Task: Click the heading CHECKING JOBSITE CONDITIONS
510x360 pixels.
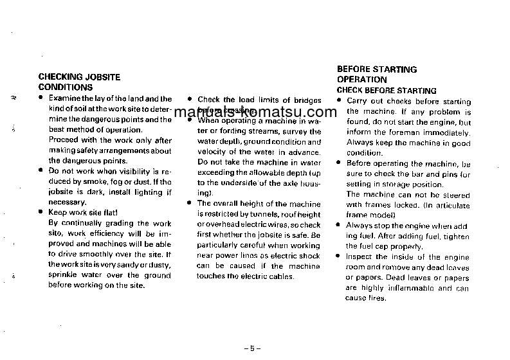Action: coord(79,82)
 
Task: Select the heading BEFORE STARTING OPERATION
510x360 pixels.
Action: coord(377,74)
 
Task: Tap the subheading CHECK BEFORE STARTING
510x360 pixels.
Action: coord(387,91)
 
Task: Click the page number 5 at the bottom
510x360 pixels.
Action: coord(252,348)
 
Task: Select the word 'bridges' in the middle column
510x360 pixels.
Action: coord(307,100)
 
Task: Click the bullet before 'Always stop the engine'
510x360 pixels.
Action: coord(338,226)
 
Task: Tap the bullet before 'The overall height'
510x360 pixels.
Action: coord(190,203)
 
